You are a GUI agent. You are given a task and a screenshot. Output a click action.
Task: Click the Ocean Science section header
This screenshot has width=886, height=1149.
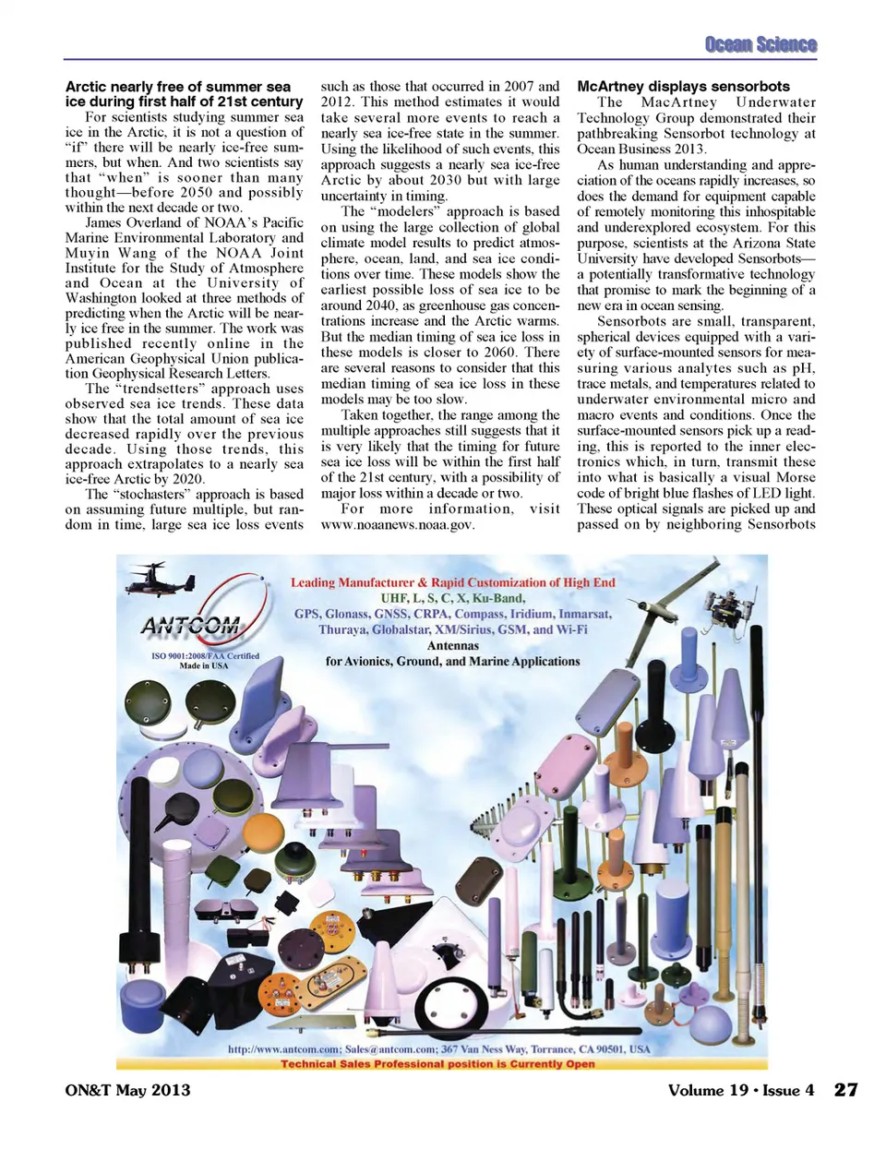(x=760, y=44)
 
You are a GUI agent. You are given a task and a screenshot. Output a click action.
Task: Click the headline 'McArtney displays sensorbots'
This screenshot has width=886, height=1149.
(x=683, y=86)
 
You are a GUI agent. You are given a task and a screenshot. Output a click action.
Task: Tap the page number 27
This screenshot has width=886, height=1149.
(x=845, y=1089)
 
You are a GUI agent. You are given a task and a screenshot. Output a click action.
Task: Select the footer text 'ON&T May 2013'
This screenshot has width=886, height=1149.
(x=127, y=1090)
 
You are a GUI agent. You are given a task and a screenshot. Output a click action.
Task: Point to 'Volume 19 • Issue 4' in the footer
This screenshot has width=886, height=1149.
(x=740, y=1090)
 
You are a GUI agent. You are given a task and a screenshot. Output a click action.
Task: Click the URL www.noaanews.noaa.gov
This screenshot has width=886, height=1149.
(x=398, y=524)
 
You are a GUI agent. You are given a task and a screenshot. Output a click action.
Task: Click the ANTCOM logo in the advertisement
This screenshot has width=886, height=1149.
(x=190, y=626)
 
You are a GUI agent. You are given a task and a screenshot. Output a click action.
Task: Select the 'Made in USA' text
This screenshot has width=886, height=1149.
(x=203, y=665)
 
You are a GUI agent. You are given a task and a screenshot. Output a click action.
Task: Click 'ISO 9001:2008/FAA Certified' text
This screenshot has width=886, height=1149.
(x=205, y=655)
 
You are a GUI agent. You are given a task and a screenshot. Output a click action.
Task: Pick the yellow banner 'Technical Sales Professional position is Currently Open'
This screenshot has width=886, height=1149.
(x=438, y=1063)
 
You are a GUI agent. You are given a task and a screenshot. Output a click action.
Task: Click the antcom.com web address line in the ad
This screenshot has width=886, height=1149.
(x=438, y=1049)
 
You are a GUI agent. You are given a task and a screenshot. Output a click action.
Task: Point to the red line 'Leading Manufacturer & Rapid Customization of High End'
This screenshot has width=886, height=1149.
(x=452, y=582)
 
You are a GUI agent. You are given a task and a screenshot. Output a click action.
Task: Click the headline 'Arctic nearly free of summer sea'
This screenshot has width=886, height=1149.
(x=178, y=86)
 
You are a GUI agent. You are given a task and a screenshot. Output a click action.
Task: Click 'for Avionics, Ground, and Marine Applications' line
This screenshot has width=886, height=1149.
(x=452, y=662)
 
